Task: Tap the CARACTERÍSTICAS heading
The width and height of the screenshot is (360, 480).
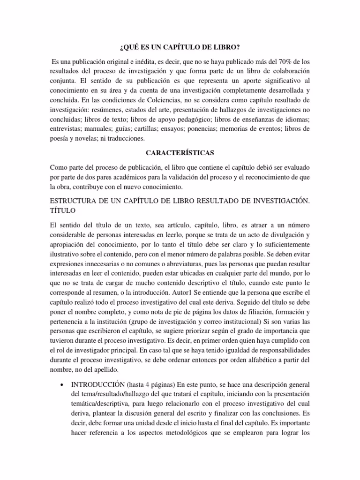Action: [180, 154]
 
